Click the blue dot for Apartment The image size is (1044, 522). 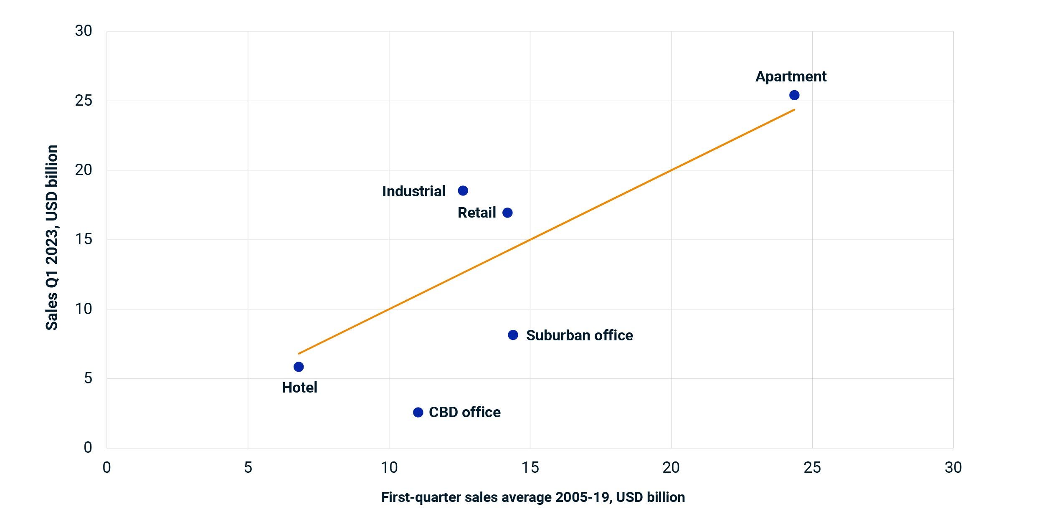click(794, 95)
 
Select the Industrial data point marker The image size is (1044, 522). click(463, 191)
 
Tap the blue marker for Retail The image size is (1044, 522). click(507, 213)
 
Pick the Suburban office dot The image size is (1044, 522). click(513, 335)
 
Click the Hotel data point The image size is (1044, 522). click(299, 367)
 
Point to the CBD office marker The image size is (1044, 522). click(418, 413)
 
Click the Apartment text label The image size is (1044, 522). click(791, 77)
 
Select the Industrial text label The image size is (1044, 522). click(414, 191)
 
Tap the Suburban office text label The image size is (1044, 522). click(579, 335)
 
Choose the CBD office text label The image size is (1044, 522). click(464, 413)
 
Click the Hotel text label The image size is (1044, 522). click(299, 388)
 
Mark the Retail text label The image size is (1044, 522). click(476, 213)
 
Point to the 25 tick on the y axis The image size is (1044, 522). click(84, 101)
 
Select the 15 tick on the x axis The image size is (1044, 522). click(530, 468)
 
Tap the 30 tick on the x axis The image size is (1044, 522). click(953, 468)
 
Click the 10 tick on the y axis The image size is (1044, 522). click(84, 309)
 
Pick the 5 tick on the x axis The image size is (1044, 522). click(248, 468)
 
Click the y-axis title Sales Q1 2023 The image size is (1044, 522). click(52, 238)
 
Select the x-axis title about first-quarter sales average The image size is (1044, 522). click(533, 497)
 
